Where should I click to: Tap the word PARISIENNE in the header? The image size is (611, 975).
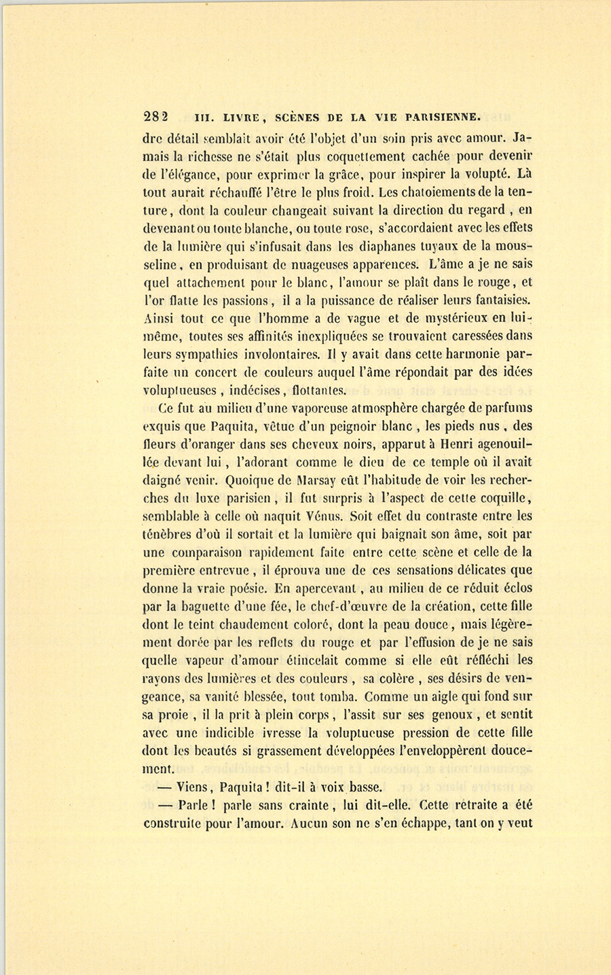click(443, 116)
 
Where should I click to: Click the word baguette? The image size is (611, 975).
click(204, 607)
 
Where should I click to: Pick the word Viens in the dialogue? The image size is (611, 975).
click(193, 787)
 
